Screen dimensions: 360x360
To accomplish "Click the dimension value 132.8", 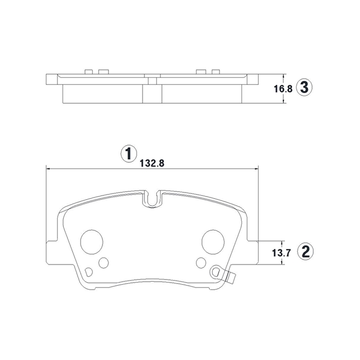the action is click(x=152, y=163).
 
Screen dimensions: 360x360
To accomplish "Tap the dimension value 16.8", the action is click(x=283, y=89).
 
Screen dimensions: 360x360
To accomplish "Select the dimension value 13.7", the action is click(x=281, y=253).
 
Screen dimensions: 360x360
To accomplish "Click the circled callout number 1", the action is click(x=129, y=154).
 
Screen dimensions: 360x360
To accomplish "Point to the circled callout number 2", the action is click(x=305, y=252).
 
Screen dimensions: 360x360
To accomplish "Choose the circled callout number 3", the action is click(x=304, y=88).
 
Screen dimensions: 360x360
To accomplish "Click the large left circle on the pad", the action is click(x=92, y=242).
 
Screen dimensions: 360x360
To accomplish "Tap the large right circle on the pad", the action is click(x=213, y=242).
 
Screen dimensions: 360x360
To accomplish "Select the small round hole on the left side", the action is click(x=103, y=263).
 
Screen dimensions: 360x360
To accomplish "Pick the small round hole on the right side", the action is click(x=202, y=262).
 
